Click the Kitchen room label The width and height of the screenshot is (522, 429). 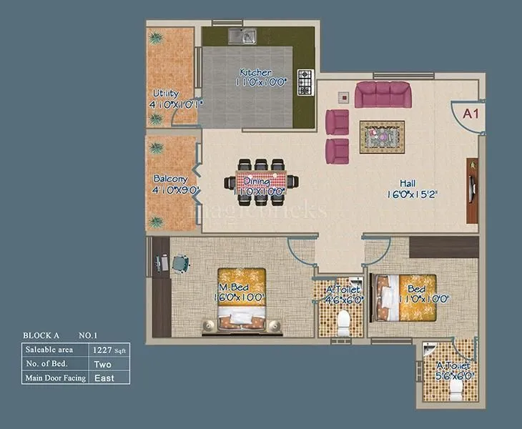point(255,73)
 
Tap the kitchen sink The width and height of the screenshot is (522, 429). point(242,36)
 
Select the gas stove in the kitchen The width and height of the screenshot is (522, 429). point(306,82)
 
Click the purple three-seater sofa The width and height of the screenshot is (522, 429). point(383,94)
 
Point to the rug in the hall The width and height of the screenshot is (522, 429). point(382,134)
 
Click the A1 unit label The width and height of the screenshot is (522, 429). point(471,113)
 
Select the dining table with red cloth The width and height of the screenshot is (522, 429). point(260,182)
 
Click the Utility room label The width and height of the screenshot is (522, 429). point(165,94)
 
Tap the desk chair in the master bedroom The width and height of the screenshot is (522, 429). point(181,264)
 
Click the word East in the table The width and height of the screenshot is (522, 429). point(104,378)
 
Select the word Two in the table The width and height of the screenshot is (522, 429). point(102,364)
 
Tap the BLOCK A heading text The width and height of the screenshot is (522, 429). point(41,335)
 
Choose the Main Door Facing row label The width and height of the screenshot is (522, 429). point(56,378)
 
